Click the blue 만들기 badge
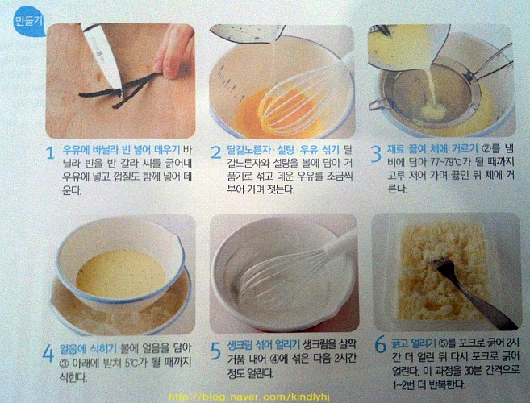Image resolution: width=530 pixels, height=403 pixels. [29, 22]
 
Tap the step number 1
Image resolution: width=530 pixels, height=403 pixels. [50, 153]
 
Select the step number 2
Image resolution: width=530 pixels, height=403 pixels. [216, 152]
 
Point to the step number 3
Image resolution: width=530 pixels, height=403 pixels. [376, 154]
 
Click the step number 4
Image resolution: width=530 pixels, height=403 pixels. [48, 354]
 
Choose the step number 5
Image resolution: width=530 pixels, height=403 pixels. [215, 351]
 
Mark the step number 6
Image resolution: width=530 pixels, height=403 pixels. [380, 345]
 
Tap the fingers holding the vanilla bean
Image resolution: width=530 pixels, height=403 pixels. [173, 52]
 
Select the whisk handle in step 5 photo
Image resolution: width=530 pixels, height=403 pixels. [340, 241]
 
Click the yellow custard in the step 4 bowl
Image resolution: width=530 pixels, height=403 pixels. [121, 274]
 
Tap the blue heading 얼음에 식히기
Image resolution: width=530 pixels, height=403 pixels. [88, 348]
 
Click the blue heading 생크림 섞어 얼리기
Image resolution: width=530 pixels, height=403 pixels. [264, 344]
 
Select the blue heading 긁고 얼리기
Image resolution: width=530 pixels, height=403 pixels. [413, 343]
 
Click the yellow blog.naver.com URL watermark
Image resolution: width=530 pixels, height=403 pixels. [248, 397]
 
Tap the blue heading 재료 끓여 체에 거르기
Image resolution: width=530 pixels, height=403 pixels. [433, 148]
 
